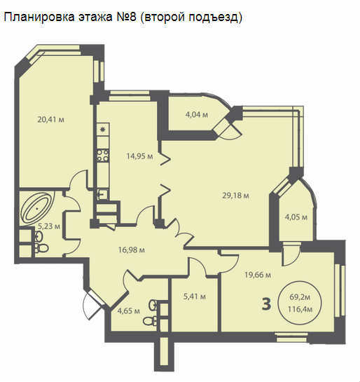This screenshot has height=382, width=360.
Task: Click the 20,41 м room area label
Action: click(x=50, y=120)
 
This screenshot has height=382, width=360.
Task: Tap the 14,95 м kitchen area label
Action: click(x=139, y=156)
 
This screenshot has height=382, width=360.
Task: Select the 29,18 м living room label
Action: click(x=235, y=196)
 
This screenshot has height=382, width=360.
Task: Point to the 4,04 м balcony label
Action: click(x=197, y=114)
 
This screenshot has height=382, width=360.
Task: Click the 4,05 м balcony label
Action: click(x=296, y=217)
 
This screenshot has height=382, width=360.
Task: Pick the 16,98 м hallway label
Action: click(x=132, y=250)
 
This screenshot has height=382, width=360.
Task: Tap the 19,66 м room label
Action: click(x=258, y=275)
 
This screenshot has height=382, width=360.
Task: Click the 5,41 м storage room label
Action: click(x=194, y=296)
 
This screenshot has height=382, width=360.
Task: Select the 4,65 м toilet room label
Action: click(x=128, y=311)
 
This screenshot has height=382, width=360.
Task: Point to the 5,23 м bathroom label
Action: click(x=49, y=226)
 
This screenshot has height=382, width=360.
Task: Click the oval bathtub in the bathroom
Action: click(x=37, y=207)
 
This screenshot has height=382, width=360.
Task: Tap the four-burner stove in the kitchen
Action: click(x=103, y=156)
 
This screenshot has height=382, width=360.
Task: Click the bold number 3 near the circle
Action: click(x=267, y=304)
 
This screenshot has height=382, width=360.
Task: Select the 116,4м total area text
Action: click(x=300, y=309)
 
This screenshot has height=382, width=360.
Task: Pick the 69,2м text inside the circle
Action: click(x=300, y=297)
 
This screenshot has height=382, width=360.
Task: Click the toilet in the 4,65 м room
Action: click(x=150, y=321)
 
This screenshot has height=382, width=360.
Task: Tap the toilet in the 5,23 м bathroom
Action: click(x=41, y=248)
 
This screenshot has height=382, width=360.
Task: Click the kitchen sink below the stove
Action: click(x=103, y=194)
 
